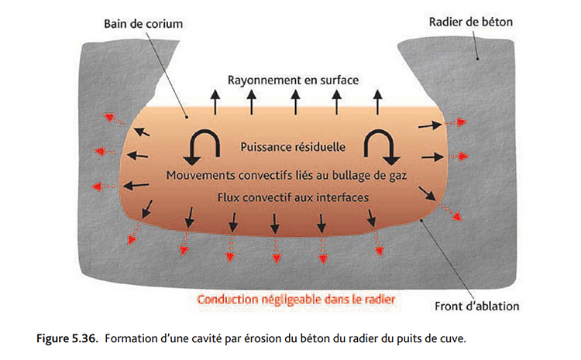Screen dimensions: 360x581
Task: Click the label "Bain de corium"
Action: coord(143,24)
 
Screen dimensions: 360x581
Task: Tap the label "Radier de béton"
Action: coord(471,22)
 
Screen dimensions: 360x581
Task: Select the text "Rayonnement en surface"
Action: coord(294,80)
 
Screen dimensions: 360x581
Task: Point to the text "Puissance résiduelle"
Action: coord(293,146)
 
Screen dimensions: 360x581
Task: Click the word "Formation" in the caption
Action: coord(130,338)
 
